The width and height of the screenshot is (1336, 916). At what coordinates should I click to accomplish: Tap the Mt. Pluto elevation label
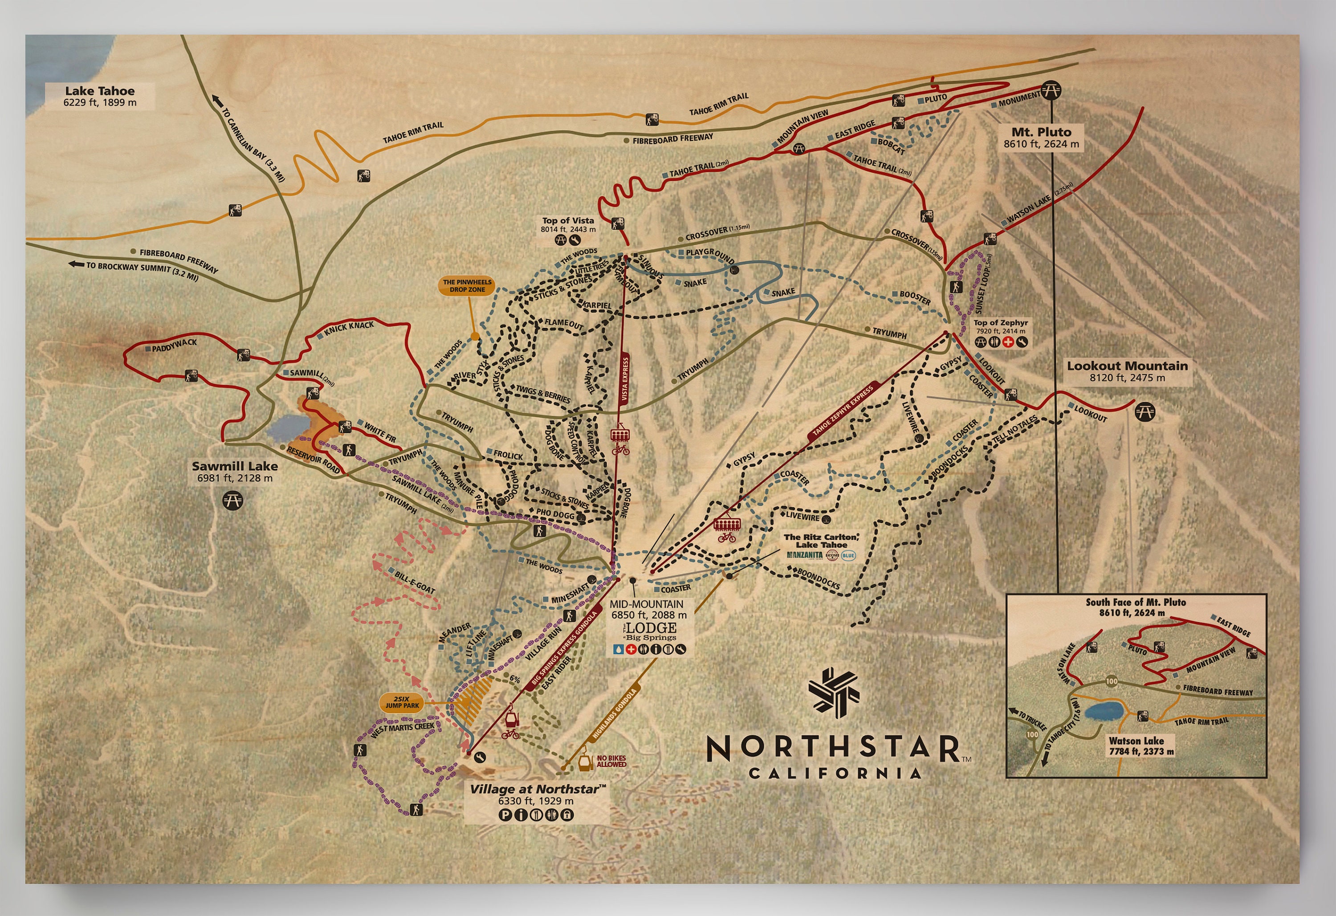click(1041, 144)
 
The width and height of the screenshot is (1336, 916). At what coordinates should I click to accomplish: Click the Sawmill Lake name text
click(235, 466)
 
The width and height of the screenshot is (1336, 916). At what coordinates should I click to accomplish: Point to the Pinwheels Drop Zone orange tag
click(467, 286)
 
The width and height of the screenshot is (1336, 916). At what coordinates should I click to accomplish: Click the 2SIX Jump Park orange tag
click(403, 702)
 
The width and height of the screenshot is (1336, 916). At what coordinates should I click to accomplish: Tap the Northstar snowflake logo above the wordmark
click(834, 692)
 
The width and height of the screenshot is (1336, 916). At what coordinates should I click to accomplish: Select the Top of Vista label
click(568, 221)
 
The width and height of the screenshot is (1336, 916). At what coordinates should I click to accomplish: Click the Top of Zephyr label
click(1000, 323)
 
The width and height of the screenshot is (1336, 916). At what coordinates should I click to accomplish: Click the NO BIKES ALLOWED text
click(611, 761)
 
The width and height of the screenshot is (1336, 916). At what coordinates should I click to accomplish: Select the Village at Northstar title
click(538, 789)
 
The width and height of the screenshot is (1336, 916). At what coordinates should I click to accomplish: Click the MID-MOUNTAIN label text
click(646, 604)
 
